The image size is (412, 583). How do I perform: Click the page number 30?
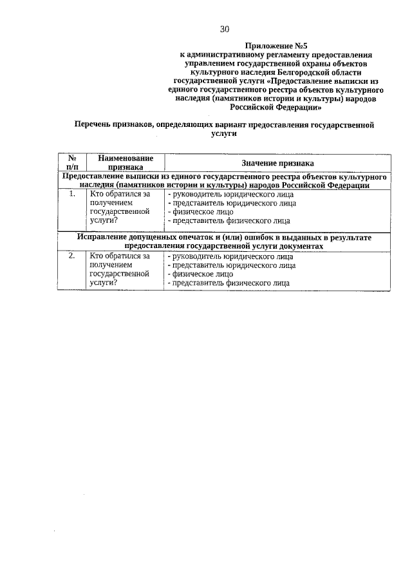click(x=224, y=29)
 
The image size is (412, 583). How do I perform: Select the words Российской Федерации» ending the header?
click(x=276, y=109)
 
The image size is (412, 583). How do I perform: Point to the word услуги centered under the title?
click(x=224, y=134)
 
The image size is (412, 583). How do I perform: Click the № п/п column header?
click(x=73, y=162)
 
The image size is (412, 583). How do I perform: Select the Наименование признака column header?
click(x=126, y=162)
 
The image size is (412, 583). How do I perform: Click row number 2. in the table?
click(x=73, y=256)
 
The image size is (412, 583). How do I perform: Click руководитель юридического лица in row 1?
click(x=230, y=194)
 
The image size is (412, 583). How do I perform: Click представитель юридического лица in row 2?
click(x=232, y=265)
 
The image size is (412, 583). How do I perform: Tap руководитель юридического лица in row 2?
click(x=230, y=256)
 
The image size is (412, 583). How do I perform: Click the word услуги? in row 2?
click(x=104, y=282)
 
